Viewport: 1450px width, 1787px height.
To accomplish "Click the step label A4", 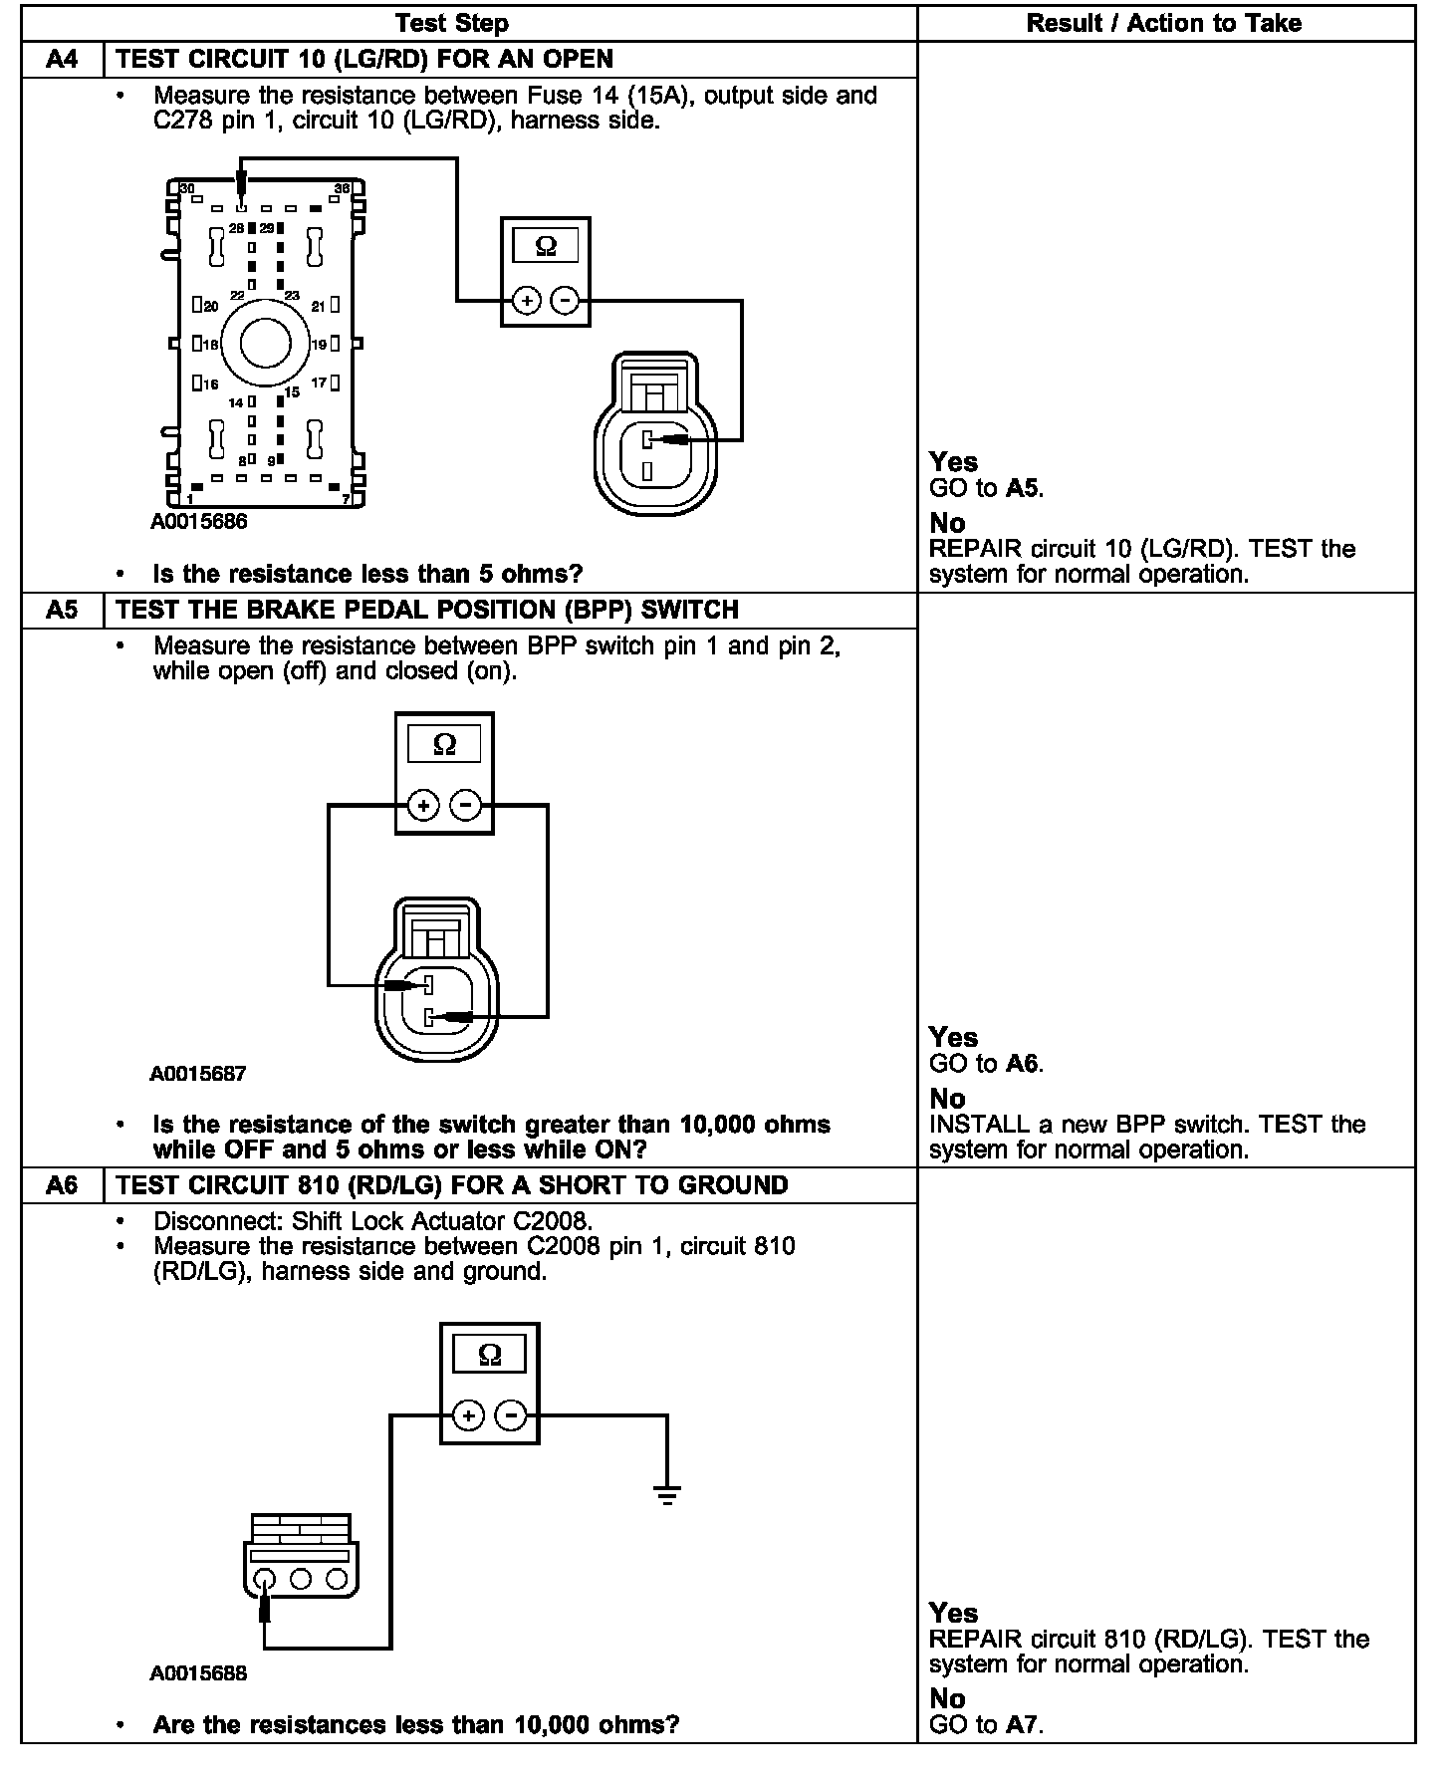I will point(62,59).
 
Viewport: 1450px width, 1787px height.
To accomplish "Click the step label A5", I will point(62,610).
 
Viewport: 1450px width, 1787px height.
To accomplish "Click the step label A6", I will point(62,1185).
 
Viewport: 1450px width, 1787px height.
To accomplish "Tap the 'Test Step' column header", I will point(452,23).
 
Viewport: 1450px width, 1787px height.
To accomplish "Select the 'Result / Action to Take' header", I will point(1164,23).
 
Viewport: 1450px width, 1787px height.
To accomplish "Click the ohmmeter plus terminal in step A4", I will point(527,300).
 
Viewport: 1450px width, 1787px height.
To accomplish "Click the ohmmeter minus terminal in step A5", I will point(466,805).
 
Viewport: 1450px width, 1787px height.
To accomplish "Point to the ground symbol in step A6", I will point(667,1495).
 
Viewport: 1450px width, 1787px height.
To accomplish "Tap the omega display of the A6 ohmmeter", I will point(489,1355).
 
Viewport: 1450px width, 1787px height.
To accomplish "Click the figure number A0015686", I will point(199,521).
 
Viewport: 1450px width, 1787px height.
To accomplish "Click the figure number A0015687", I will point(198,1074).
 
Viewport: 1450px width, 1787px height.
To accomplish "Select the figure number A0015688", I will point(198,1673).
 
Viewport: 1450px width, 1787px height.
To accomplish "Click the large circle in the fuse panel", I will point(265,344).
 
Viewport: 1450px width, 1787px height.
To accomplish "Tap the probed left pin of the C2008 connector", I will point(265,1579).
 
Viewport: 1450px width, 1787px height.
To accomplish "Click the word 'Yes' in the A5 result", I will point(953,1038).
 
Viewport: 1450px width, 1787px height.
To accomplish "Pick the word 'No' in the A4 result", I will point(947,523).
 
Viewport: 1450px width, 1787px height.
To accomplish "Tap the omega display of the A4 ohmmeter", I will point(546,246).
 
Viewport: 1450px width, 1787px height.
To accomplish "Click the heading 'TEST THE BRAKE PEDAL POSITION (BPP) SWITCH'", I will point(427,610).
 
